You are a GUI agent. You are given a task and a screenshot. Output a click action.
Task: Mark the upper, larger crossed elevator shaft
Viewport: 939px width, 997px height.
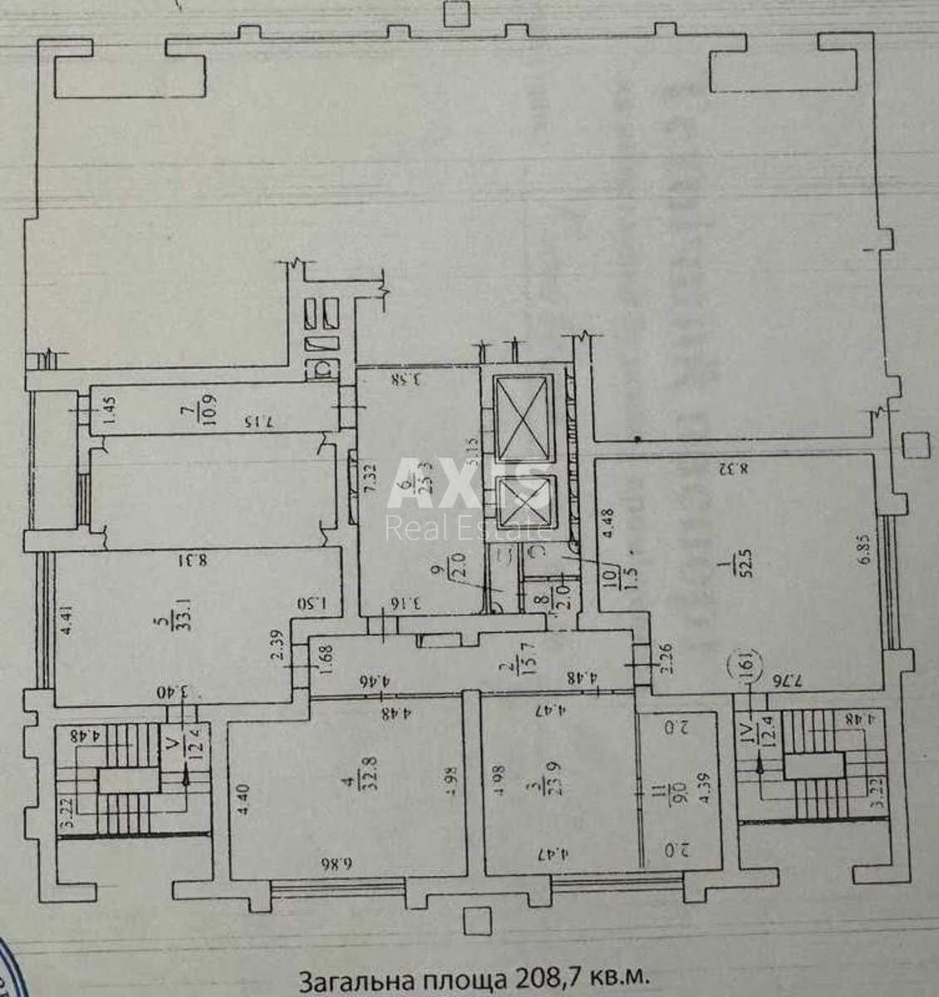click(523, 415)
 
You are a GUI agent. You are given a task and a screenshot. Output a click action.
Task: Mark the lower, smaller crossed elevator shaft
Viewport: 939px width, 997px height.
click(523, 504)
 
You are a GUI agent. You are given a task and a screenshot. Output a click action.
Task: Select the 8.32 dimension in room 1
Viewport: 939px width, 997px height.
click(733, 469)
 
